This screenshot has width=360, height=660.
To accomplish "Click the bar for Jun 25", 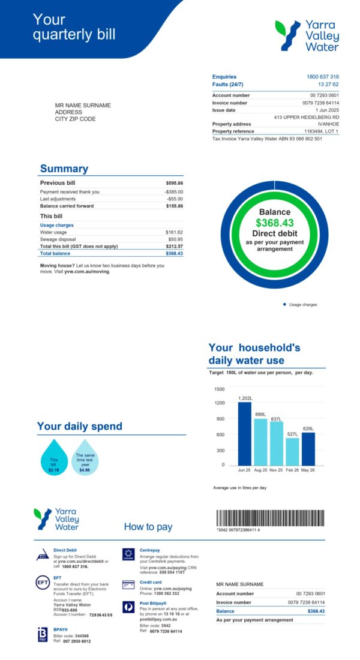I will [x=244, y=433].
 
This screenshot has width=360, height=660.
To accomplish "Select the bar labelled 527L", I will [x=292, y=451].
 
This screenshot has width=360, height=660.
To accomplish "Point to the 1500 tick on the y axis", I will [x=219, y=389].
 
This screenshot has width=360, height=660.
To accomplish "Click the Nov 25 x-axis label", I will [x=276, y=470].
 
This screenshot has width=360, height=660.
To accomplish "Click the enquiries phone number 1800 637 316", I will [x=323, y=77].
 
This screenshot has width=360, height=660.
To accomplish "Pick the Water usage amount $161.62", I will [x=174, y=232].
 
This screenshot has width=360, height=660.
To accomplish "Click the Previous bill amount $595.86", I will [x=174, y=183].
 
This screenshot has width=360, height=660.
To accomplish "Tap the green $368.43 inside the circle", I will [x=274, y=223].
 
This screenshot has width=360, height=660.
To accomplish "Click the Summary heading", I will [x=64, y=169].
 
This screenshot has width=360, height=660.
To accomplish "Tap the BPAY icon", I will [x=42, y=635].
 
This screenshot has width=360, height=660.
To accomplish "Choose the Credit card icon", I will [x=128, y=584].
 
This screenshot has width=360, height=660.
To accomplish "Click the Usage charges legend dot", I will [x=284, y=305].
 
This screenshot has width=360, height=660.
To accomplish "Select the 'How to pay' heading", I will [x=148, y=527].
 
